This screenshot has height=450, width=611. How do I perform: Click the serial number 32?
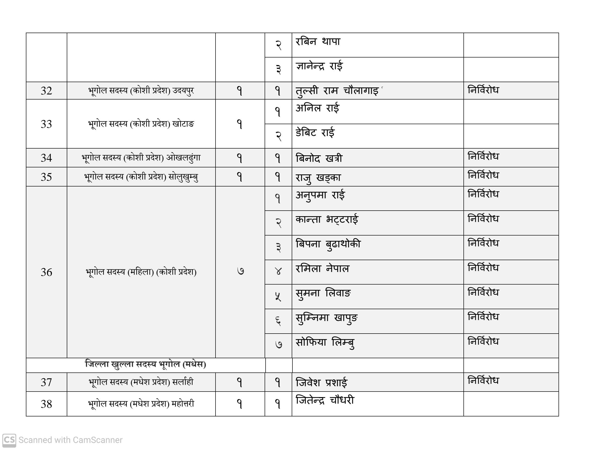pyautogui.click(x=46, y=91)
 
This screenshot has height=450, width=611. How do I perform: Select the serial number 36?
pyautogui.click(x=46, y=272)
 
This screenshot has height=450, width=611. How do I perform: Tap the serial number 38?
pyautogui.click(x=46, y=404)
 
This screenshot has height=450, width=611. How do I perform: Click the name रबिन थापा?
pyautogui.click(x=318, y=42)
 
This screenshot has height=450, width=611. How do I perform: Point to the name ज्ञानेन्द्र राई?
pyautogui.click(x=319, y=66)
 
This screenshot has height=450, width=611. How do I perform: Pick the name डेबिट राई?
pyautogui.click(x=315, y=133)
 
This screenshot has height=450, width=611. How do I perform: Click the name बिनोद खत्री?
pyautogui.click(x=319, y=158)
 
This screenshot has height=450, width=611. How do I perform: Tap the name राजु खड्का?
pyautogui.click(x=318, y=178)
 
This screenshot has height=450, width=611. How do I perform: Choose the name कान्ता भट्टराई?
pyautogui.click(x=327, y=220)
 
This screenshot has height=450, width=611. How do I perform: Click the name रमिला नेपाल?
pyautogui.click(x=322, y=269)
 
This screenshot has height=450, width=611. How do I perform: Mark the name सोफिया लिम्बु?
pyautogui.click(x=325, y=343)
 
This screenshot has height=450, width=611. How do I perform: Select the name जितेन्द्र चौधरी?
pyautogui.click(x=325, y=400)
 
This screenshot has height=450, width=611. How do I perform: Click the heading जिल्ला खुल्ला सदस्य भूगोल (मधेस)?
pyautogui.click(x=145, y=364)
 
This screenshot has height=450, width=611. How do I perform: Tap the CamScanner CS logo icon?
pyautogui.click(x=9, y=440)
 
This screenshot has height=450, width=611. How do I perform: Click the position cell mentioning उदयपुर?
pyautogui.click(x=141, y=91)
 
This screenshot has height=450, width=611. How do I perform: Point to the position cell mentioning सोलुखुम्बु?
pyautogui.click(x=141, y=177)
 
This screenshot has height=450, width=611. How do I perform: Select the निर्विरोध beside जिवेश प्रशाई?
pyautogui.click(x=483, y=380)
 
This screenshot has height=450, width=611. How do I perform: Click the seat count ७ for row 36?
pyautogui.click(x=240, y=271)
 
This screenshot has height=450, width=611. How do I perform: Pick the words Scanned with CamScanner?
pyautogui.click(x=70, y=440)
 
